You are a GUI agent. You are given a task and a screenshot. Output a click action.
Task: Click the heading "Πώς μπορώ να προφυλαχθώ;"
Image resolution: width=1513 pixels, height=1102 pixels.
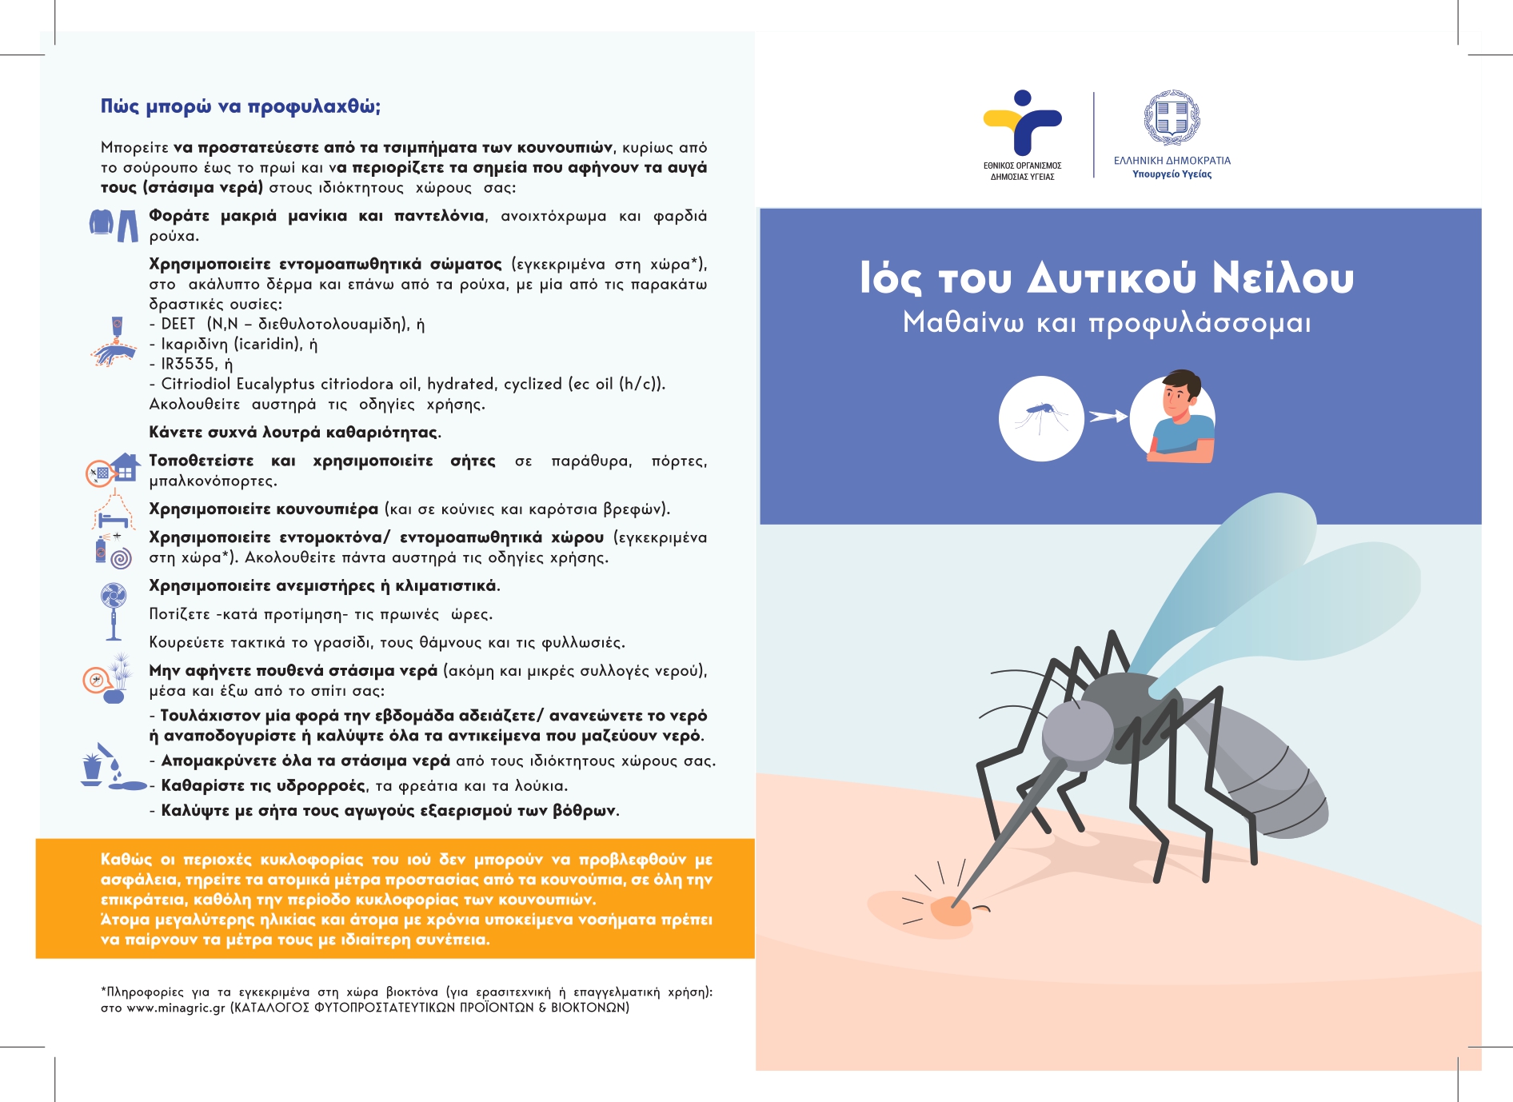pos(240,107)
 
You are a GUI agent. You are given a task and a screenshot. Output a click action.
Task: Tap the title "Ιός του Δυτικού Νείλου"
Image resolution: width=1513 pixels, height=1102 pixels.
pos(1107,278)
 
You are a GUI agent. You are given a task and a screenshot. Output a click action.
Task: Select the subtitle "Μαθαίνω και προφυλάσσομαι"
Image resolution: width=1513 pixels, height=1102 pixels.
pos(1107,323)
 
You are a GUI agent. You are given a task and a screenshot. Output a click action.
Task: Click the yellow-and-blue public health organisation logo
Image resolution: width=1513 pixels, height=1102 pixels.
pos(1022,124)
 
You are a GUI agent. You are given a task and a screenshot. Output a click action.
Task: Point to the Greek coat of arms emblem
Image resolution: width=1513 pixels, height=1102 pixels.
pos(1172,118)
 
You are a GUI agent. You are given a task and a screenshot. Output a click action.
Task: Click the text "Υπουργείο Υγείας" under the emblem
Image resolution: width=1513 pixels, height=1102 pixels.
pos(1172,174)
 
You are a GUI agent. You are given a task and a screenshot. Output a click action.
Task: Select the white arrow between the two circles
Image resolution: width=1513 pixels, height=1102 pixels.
pos(1108,417)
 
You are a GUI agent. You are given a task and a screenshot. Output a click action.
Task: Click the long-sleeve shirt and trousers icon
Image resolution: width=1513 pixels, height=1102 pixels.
pos(114,225)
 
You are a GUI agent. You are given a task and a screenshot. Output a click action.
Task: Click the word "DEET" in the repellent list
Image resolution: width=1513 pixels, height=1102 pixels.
pos(178,324)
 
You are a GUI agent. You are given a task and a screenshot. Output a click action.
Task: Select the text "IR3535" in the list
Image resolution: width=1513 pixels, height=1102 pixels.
pos(189,364)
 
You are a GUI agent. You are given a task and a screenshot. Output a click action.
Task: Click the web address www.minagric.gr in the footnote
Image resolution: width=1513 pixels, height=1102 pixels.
pos(176,1008)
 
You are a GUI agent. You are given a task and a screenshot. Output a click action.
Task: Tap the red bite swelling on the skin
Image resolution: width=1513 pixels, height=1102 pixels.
pos(951,911)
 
